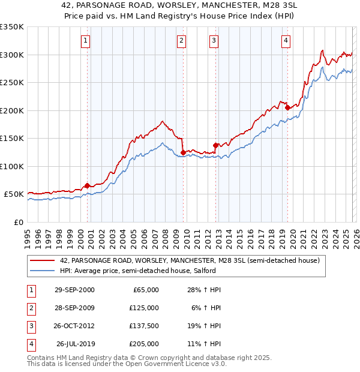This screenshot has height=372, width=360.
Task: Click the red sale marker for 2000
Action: pos(87,185)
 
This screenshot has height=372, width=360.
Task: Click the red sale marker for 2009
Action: pos(183,152)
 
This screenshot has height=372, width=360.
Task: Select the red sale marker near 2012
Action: pos(215,145)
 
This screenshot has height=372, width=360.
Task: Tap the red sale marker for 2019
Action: pos(287,108)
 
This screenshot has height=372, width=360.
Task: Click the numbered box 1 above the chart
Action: pos(86,41)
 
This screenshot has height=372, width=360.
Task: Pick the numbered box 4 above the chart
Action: pos(286,41)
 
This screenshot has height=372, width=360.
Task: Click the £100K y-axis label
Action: pos(12,166)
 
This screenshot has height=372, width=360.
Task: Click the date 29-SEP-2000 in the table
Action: pos(74,290)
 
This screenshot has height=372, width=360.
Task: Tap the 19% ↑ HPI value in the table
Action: pos(204,326)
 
